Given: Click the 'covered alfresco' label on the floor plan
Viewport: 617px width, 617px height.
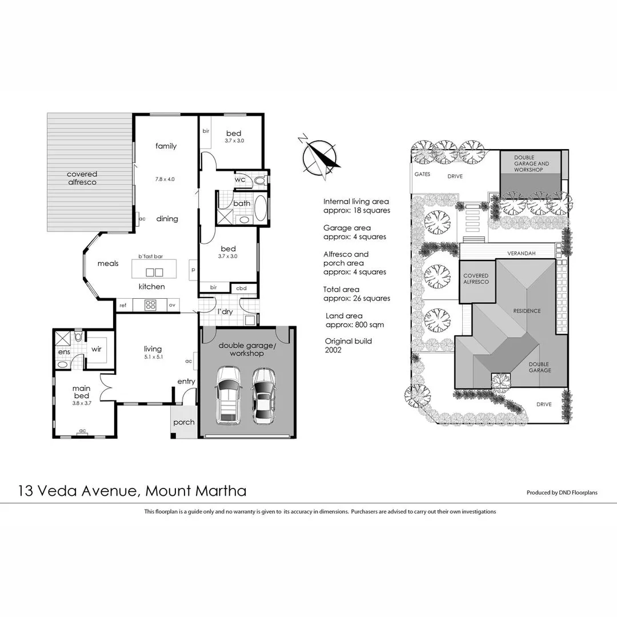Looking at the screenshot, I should (82, 178).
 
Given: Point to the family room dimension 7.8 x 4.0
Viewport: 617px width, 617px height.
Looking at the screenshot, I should (165, 179).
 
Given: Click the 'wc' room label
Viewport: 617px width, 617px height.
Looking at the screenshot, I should (240, 179).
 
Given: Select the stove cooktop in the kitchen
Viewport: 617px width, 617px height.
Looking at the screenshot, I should (151, 305).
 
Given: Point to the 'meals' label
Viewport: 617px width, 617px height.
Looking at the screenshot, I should (108, 263).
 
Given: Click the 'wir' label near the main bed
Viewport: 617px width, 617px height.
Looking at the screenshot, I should (97, 349).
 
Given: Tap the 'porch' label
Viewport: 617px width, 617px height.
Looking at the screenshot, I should (184, 423).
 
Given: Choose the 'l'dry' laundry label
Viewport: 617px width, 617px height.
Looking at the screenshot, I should (224, 311).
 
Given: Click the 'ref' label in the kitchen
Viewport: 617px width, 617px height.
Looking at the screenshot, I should (123, 306).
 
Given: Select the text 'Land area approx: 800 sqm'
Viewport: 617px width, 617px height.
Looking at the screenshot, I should (354, 320).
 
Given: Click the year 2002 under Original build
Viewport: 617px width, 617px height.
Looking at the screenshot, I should (332, 350).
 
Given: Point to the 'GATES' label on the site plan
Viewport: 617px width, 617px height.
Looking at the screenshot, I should (422, 174).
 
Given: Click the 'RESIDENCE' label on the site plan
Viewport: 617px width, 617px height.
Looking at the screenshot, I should (526, 311).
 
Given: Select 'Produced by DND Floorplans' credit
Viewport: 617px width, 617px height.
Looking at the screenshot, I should (562, 492).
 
